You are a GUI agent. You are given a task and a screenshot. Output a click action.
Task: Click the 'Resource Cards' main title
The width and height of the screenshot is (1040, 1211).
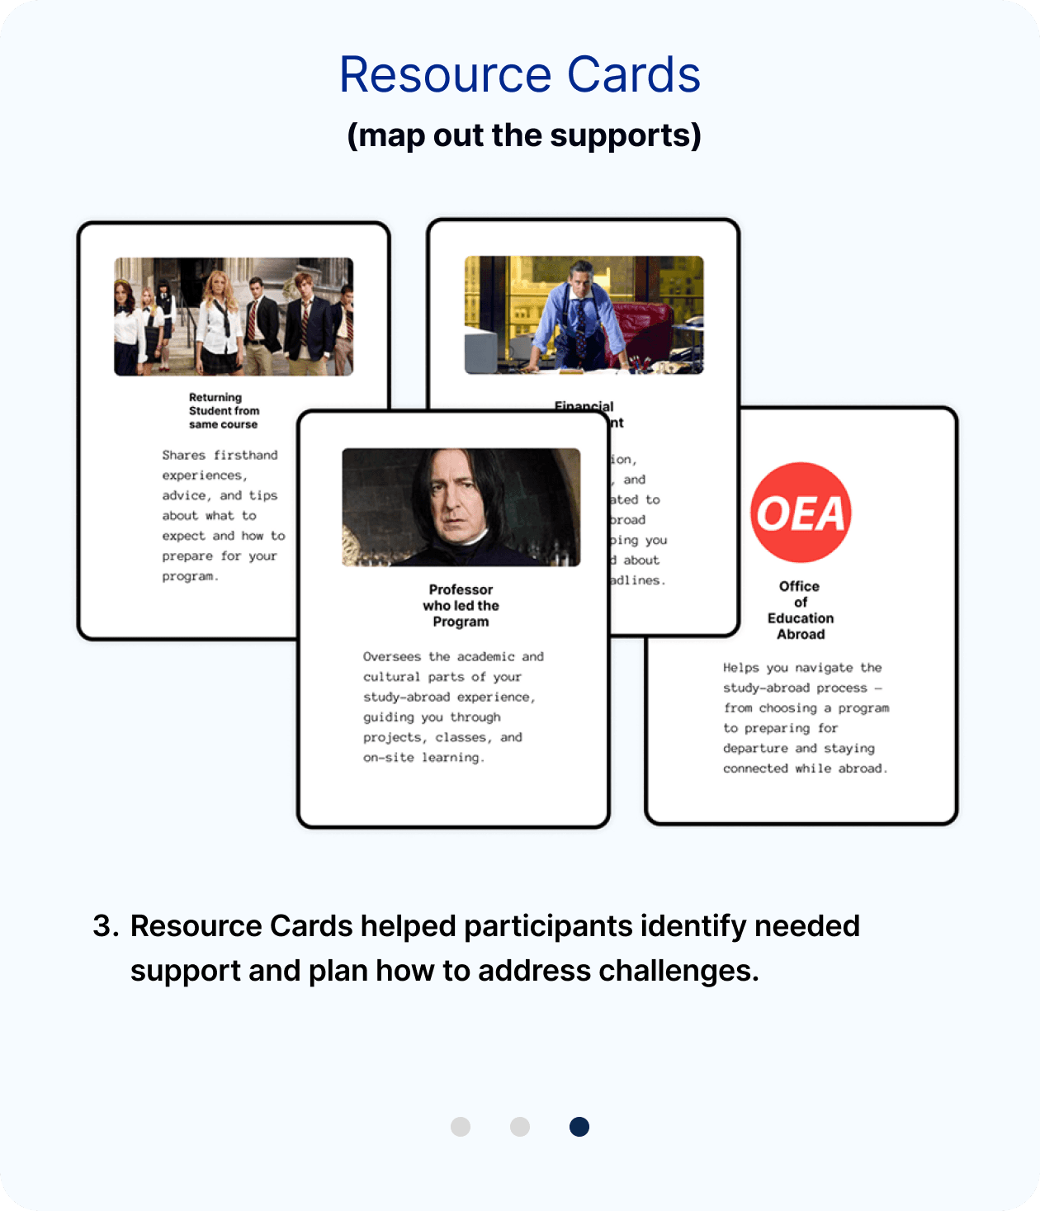520,75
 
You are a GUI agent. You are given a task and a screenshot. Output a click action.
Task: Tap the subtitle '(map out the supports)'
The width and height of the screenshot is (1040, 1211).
524,135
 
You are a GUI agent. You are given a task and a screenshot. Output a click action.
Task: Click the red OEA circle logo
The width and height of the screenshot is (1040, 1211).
801,513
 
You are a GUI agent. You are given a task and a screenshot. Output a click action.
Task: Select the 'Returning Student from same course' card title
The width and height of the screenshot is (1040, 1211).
224,410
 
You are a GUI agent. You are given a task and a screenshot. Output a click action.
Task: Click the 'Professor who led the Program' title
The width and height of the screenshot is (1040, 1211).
461,605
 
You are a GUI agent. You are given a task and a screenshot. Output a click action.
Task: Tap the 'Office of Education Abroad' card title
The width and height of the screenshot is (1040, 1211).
800,610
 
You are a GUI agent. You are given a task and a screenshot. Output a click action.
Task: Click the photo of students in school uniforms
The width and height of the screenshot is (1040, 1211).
234,317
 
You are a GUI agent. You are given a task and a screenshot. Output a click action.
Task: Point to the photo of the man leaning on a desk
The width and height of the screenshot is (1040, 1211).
584,315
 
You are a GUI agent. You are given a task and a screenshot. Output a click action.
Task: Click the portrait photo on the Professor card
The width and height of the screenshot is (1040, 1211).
461,507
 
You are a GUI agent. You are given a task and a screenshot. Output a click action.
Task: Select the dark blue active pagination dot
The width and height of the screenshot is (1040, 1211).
579,1127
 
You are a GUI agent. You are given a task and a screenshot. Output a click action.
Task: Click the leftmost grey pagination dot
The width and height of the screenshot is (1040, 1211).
461,1127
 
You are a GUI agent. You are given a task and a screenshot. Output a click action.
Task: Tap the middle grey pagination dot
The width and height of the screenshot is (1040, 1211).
520,1127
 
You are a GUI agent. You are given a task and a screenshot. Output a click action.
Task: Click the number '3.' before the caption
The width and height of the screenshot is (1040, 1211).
106,926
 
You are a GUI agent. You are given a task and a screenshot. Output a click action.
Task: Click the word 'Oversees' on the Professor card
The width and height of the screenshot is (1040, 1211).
391,657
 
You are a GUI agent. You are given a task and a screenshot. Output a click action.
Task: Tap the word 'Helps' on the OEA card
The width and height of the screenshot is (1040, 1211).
740,668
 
